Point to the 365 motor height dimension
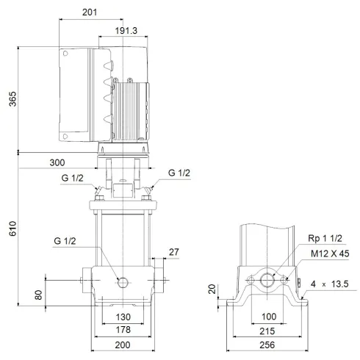[10, 100]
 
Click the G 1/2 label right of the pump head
[180, 173]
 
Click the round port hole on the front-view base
[123, 281]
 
